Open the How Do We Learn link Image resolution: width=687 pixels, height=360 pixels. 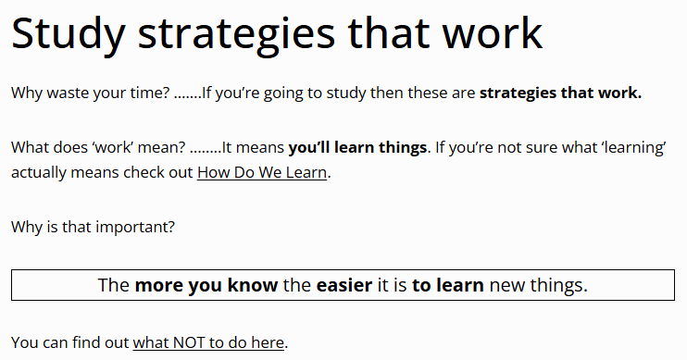tap(262, 172)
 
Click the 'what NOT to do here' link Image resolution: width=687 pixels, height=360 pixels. tap(208, 342)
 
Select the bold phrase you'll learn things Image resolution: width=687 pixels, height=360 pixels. tap(357, 147)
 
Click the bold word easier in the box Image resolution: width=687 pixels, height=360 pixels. tap(344, 285)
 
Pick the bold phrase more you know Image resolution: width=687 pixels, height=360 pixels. tap(206, 286)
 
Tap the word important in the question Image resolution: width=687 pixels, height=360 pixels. tap(135, 228)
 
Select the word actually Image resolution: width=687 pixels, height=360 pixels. tap(39, 172)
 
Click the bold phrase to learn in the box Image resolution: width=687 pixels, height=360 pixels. tap(448, 285)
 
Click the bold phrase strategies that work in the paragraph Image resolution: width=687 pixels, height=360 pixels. tap(560, 93)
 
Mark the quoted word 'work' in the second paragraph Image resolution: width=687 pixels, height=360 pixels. tap(113, 147)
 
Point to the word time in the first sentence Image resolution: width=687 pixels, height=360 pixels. tap(149, 93)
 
